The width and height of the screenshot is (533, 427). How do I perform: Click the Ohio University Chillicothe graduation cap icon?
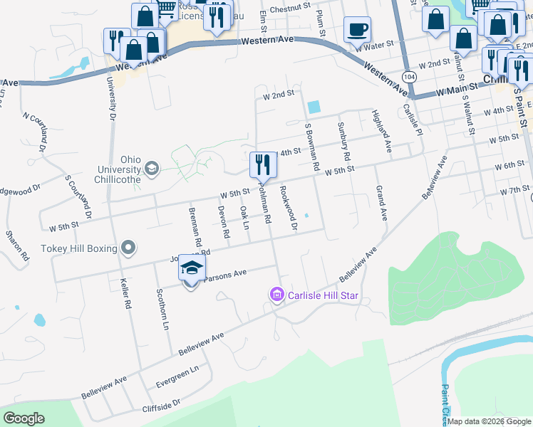point(151,169)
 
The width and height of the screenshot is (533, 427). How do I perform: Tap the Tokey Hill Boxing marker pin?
point(128,248)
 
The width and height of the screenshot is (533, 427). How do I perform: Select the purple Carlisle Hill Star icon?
point(276,295)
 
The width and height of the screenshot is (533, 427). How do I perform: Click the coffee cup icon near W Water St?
point(357,31)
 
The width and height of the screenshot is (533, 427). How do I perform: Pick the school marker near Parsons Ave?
point(191,268)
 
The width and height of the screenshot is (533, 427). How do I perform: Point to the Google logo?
point(24,418)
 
